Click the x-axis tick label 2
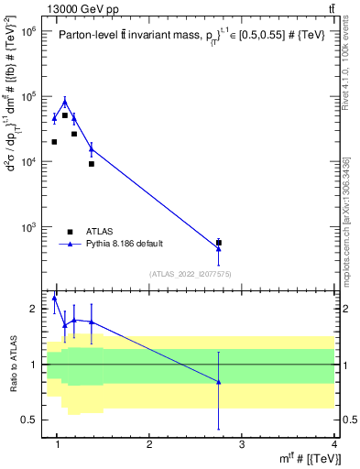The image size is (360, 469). click(149, 444)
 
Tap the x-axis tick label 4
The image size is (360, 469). click(333, 444)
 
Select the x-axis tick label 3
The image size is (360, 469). click(241, 444)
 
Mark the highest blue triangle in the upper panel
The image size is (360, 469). click(65, 102)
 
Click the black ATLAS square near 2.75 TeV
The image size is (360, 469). click(218, 243)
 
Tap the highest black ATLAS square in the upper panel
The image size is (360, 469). click(65, 115)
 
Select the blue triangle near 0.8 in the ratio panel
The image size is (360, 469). click(218, 382)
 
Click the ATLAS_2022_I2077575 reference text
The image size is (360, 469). click(191, 274)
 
